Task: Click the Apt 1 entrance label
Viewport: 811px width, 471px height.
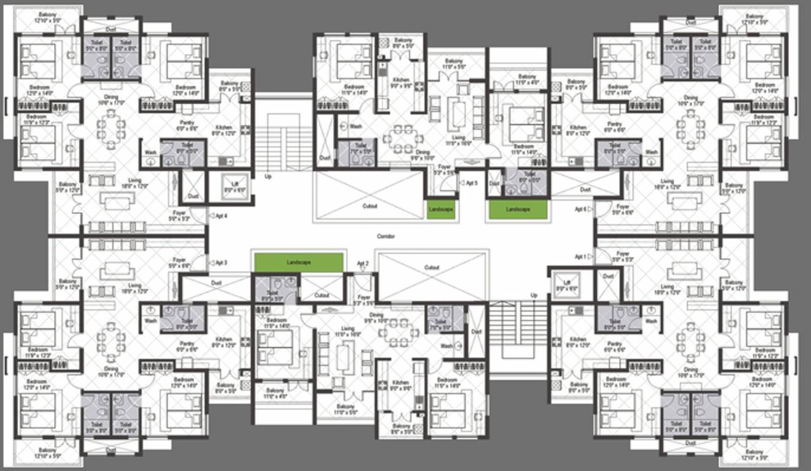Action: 580,256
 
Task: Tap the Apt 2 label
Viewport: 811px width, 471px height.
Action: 363,264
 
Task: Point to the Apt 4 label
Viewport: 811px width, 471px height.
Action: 221,215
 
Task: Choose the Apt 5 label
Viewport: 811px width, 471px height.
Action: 471,183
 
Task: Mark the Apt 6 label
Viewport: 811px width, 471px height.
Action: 580,209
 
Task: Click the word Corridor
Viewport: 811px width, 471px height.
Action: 386,236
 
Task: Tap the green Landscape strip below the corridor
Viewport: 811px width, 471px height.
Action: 298,262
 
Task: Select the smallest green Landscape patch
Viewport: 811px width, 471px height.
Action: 441,209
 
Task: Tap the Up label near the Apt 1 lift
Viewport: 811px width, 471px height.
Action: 534,295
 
